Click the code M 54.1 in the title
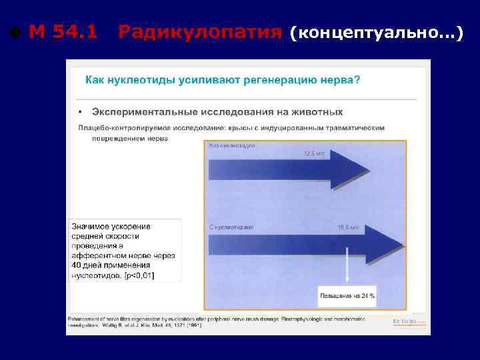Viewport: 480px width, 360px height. pos(63,31)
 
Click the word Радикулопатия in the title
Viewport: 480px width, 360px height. pos(199,31)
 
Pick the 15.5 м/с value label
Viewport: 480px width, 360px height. pos(349,227)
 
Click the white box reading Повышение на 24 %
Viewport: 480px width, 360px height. pos(347,295)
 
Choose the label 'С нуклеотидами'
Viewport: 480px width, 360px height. pos(231,227)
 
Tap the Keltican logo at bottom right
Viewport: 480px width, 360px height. pos(409,321)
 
